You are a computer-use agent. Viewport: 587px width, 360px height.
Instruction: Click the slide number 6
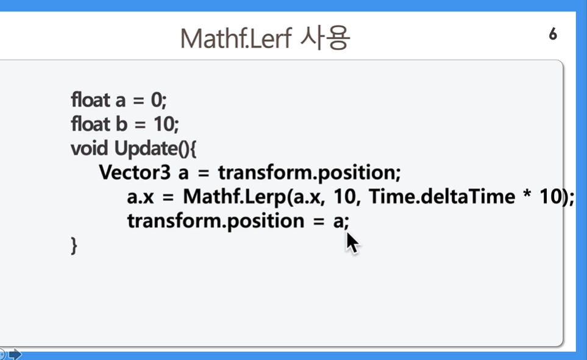(x=553, y=34)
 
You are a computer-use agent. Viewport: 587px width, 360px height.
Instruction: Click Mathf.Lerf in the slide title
(x=236, y=38)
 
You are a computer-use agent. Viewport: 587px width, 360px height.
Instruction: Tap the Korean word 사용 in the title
(x=325, y=38)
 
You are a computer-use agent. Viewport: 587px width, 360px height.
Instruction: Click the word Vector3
(x=135, y=172)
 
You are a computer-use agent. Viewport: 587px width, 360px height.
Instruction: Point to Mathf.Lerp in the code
(x=234, y=197)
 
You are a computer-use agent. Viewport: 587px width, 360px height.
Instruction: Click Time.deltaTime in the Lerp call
(x=442, y=197)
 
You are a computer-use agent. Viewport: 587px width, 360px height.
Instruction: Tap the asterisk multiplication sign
(x=527, y=193)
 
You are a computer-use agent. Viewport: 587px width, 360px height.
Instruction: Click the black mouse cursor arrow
(x=352, y=242)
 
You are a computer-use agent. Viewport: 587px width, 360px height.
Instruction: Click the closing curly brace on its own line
(x=74, y=245)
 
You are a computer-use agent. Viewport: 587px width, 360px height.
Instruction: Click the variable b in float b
(x=121, y=124)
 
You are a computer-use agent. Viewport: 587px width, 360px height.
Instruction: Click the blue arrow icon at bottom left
(x=15, y=354)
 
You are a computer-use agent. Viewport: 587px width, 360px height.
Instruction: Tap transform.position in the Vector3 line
(x=310, y=173)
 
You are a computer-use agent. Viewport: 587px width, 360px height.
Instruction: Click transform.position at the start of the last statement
(x=216, y=221)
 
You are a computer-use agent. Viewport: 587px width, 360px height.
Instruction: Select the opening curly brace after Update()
(x=193, y=149)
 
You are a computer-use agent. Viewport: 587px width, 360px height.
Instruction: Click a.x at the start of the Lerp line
(x=140, y=197)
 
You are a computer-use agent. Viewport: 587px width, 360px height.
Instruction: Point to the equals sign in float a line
(x=138, y=101)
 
